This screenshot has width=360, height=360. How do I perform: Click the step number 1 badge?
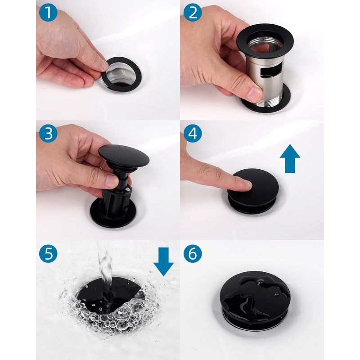[48, 13]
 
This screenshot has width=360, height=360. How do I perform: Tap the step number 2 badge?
[193, 13]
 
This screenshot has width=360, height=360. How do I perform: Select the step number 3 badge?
[48, 134]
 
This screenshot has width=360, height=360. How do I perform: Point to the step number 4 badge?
[193, 134]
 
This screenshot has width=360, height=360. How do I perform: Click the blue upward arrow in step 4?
[290, 158]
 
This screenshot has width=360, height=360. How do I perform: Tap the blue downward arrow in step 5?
[163, 262]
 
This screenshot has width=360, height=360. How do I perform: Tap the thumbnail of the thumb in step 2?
[254, 94]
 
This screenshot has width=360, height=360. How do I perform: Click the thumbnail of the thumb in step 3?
[112, 181]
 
